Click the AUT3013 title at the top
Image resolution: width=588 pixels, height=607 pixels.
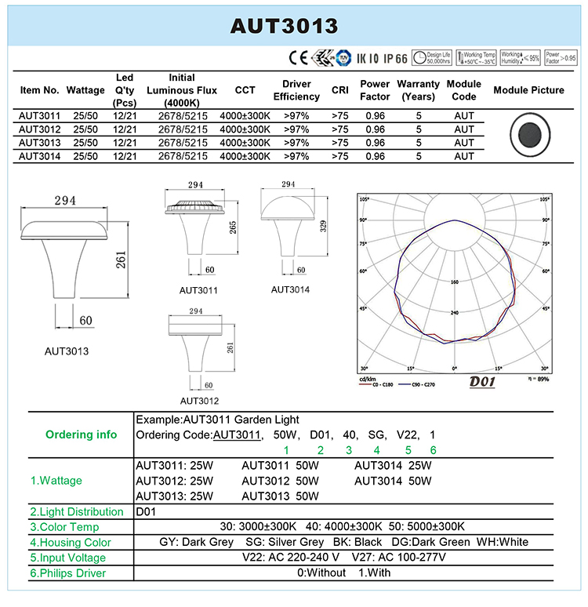pyautogui.click(x=284, y=26)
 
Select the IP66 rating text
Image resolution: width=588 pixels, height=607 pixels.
pyautogui.click(x=395, y=58)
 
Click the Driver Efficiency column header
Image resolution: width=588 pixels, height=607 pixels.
pyautogui.click(x=296, y=90)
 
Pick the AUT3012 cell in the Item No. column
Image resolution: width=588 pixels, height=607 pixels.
pyautogui.click(x=39, y=129)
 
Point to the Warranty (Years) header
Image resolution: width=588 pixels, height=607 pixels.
pyautogui.click(x=419, y=90)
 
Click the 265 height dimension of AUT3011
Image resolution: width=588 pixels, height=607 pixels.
pyautogui.click(x=232, y=227)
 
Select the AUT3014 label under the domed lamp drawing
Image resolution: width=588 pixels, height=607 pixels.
pyautogui.click(x=290, y=289)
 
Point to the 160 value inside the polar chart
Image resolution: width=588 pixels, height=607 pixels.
pyautogui.click(x=454, y=282)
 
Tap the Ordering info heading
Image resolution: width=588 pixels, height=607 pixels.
pyautogui.click(x=81, y=434)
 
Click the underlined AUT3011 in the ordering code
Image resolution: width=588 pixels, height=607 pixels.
pyautogui.click(x=237, y=434)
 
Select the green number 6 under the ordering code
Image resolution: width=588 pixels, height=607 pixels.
pyautogui.click(x=433, y=450)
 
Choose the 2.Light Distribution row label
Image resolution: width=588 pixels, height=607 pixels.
pyautogui.click(x=77, y=511)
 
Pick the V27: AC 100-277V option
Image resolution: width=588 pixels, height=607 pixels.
pyautogui.click(x=400, y=558)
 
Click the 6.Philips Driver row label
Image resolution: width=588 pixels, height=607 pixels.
pyautogui.click(x=67, y=573)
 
